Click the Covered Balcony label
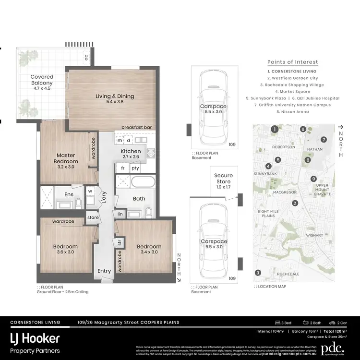click(x=42, y=80)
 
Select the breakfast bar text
click(x=136, y=127)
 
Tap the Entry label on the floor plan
click(x=104, y=271)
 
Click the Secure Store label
click(x=223, y=179)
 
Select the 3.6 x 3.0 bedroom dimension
click(x=65, y=252)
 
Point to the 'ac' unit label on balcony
click(x=86, y=57)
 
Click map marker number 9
click(x=313, y=179)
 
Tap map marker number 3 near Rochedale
click(x=258, y=273)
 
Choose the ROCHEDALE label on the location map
click(x=288, y=274)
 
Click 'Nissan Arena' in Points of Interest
click(x=292, y=112)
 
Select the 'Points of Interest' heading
click(x=292, y=62)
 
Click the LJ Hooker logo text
click(x=35, y=338)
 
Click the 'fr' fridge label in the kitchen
click(x=123, y=168)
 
